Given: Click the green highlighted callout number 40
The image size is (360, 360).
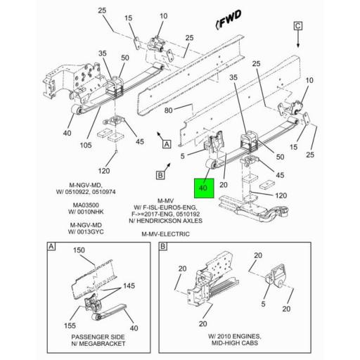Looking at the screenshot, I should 203,188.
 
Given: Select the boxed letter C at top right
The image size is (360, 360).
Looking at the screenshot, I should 297,26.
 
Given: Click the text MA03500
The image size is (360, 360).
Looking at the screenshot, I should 88,206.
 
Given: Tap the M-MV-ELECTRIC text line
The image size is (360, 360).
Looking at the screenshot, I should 165,233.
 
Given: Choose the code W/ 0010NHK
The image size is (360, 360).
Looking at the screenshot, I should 88,213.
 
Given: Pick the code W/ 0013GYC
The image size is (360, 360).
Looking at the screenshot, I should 88,233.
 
